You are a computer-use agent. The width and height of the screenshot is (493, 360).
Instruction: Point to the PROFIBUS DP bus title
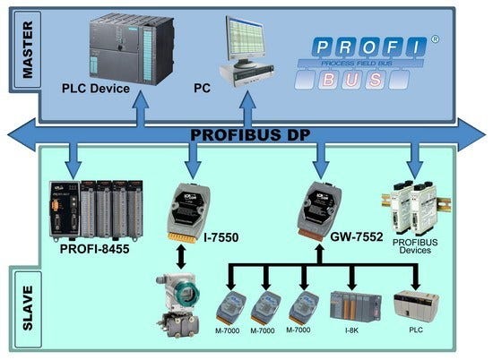(x=246, y=134)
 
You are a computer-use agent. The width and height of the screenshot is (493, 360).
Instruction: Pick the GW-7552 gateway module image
(x=320, y=206)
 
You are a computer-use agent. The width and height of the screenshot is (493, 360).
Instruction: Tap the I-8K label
(x=351, y=330)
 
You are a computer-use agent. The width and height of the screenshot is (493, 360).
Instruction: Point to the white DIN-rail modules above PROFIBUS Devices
(x=413, y=202)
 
